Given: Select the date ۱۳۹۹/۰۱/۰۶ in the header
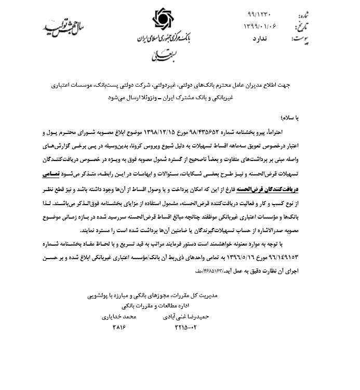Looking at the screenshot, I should tap(259, 26).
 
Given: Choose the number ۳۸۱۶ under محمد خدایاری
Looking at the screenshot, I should tap(119, 328).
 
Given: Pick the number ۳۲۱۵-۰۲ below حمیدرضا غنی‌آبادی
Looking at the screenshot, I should tap(187, 328).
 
